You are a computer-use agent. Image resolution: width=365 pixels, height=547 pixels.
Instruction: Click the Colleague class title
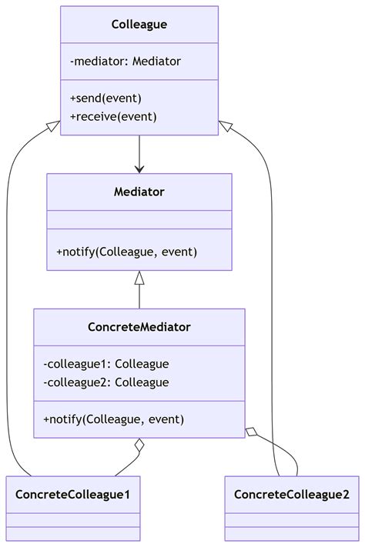point(139,25)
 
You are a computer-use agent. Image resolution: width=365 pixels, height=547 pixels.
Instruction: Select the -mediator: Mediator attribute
point(126,62)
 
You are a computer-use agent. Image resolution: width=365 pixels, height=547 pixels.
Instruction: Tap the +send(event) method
point(105,98)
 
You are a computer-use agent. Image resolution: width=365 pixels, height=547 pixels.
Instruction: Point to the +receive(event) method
point(113,116)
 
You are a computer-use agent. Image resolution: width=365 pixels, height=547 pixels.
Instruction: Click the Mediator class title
point(139,192)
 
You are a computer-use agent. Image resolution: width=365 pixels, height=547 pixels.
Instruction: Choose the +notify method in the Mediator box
point(127,252)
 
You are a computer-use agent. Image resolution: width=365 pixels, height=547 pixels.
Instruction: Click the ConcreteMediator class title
point(139,327)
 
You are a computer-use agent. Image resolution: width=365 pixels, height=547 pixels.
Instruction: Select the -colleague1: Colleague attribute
point(106,364)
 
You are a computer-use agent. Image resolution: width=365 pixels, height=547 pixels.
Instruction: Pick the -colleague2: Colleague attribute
point(106,382)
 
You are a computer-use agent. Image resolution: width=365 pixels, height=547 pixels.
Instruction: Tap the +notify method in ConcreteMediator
point(114,419)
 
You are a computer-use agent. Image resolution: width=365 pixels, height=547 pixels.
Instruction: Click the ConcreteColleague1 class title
point(73,494)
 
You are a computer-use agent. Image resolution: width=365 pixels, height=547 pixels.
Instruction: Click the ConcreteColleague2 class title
point(292,494)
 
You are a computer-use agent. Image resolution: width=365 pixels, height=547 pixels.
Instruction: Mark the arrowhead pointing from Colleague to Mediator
point(139,168)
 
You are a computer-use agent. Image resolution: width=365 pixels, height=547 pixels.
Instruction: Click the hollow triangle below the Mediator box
point(139,278)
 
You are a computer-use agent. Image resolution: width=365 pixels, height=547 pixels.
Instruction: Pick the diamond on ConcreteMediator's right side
point(252,432)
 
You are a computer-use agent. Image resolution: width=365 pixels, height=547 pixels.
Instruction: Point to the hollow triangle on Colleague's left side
point(54,125)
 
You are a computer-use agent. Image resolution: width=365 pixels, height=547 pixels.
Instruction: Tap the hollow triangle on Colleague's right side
point(225,125)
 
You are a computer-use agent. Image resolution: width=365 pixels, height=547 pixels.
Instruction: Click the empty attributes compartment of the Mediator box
point(139,219)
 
